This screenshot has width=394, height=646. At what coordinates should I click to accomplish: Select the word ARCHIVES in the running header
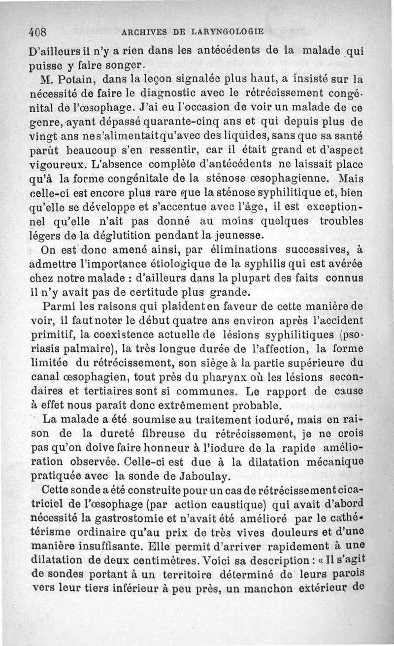pyautogui.click(x=145, y=32)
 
